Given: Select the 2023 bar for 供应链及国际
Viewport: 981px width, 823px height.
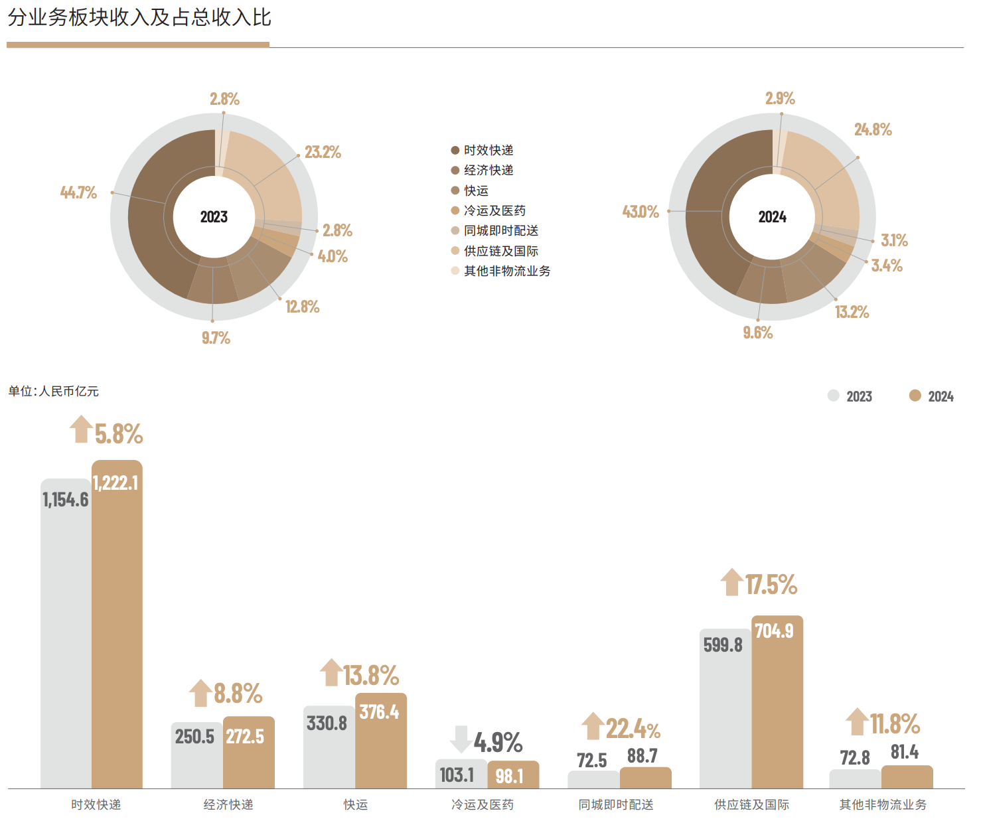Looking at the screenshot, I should (x=725, y=717).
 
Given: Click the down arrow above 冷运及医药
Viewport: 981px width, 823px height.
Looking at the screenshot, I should (x=461, y=739).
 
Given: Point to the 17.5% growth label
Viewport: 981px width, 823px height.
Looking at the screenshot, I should (x=771, y=585).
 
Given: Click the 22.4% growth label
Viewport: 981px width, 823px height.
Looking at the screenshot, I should (x=633, y=729).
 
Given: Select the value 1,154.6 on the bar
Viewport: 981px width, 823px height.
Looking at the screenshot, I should (x=65, y=500).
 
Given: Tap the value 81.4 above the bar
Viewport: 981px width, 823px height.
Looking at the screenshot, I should (x=905, y=752).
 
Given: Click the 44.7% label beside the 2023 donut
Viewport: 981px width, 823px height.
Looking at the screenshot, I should (x=78, y=192).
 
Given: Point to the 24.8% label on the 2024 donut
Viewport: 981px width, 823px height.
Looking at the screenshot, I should (x=873, y=129).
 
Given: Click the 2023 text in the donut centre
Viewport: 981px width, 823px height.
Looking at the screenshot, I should (x=214, y=217).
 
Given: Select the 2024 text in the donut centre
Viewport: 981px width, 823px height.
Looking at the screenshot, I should (x=772, y=217).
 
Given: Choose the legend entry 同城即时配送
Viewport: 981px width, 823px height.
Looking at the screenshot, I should (x=500, y=230).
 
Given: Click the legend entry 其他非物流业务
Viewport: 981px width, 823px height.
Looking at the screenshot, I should (x=506, y=271).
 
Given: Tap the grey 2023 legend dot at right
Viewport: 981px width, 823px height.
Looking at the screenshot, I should (x=834, y=396).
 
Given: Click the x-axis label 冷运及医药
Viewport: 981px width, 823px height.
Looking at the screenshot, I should (x=483, y=804).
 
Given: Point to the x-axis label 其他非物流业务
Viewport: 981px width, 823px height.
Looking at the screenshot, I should (x=883, y=804).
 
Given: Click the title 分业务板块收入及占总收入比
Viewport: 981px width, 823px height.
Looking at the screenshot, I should (x=139, y=18).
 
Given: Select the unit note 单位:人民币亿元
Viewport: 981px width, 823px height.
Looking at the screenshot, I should (x=53, y=392).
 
